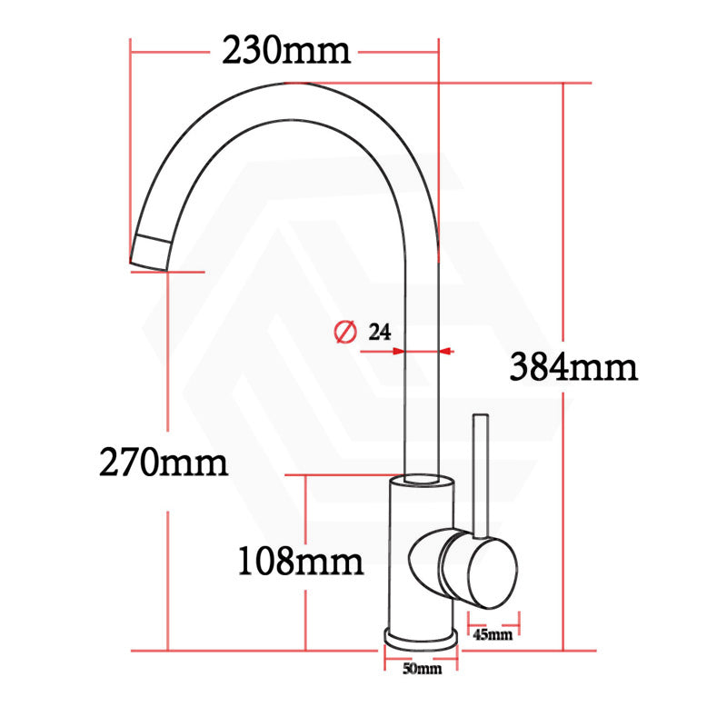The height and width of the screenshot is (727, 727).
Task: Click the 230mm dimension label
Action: [x=285, y=51]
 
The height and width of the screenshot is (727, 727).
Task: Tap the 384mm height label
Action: [x=573, y=367]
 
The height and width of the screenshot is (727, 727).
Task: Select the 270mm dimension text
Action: [x=164, y=463]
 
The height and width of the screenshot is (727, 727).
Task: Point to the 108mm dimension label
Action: [x=300, y=562]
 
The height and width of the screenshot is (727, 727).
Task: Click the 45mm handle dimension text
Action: [x=493, y=634]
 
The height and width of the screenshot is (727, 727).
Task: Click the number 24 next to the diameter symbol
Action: [x=379, y=332]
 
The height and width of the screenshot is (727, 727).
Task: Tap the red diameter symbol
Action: [x=344, y=333]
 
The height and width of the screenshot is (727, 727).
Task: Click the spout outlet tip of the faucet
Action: [x=151, y=252]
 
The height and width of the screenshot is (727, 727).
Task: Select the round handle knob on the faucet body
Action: [x=479, y=571]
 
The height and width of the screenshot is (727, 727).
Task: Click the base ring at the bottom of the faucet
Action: [x=420, y=638]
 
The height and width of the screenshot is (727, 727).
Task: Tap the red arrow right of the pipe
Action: [x=446, y=351]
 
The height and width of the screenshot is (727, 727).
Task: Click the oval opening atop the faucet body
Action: [x=422, y=478]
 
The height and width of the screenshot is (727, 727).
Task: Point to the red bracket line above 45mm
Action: [x=494, y=622]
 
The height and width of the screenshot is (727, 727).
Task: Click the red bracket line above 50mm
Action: [x=420, y=657]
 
